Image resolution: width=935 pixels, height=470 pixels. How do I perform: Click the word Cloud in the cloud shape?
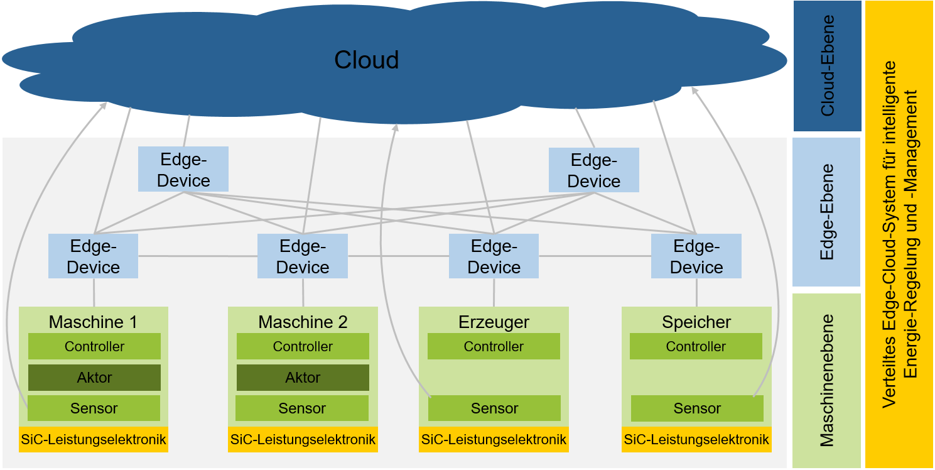[366, 60]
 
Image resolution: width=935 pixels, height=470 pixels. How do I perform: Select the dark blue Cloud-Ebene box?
[826, 65]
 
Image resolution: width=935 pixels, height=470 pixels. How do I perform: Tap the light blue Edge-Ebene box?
[826, 212]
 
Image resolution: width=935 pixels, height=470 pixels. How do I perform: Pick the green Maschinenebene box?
[826, 380]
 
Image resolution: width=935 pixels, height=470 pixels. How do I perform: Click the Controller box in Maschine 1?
[94, 346]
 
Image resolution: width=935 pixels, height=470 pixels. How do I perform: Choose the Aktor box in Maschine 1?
[94, 378]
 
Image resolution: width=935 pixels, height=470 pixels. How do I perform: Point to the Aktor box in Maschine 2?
[303, 378]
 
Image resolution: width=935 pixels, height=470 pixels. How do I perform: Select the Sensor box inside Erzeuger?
[494, 408]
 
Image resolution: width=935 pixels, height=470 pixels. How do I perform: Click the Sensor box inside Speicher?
[697, 408]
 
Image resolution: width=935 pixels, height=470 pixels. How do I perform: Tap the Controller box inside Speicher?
[696, 346]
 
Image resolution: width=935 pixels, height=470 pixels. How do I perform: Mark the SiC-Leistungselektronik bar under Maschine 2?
[303, 439]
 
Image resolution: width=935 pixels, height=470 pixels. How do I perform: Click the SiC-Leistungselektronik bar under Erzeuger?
[494, 439]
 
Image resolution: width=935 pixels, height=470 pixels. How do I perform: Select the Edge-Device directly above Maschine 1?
[93, 256]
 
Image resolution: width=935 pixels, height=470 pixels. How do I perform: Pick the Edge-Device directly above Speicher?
[696, 256]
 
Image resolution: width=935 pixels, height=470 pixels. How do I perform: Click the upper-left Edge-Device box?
[183, 170]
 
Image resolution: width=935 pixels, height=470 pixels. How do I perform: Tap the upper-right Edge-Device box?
[593, 170]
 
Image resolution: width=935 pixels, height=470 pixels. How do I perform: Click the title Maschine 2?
[303, 322]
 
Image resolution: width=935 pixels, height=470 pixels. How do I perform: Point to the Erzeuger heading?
[494, 322]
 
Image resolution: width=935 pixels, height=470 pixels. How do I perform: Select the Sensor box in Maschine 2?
[302, 408]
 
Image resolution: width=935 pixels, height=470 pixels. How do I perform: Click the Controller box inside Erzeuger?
[494, 346]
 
